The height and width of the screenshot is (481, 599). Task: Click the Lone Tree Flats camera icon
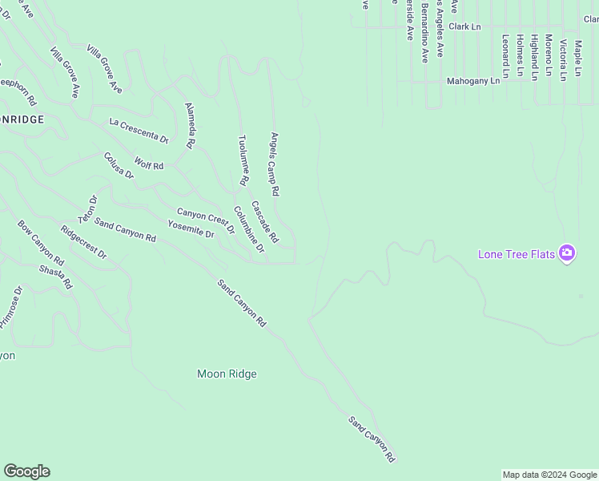tap(567, 253)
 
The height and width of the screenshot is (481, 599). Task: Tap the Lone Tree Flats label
tap(517, 254)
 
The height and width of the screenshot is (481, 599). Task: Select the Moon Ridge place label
tap(227, 374)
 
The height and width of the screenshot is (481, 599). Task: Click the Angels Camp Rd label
tap(274, 164)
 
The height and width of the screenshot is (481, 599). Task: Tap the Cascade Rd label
tap(264, 221)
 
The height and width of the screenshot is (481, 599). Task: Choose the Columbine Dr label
tap(249, 229)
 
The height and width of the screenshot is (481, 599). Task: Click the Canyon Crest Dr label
tap(206, 220)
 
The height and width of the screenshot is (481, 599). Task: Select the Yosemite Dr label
tap(191, 230)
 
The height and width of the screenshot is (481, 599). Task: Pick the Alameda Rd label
tap(190, 126)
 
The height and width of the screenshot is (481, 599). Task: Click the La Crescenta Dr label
tap(139, 130)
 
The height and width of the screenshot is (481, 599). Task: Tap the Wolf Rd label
tap(148, 164)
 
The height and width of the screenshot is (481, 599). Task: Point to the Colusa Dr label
tap(118, 165)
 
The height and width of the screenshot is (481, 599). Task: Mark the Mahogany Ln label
tap(473, 81)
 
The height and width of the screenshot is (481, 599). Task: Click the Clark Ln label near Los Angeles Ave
tap(464, 26)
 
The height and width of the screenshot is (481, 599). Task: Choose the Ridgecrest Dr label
tap(83, 241)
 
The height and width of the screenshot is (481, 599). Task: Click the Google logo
tap(26, 471)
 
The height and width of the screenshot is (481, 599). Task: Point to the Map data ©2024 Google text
tap(549, 475)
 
